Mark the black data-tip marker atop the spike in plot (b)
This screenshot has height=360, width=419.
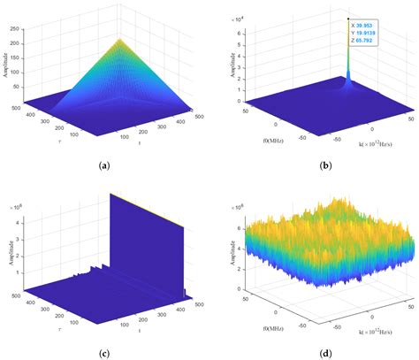349,19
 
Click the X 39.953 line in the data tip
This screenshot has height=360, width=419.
365,27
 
